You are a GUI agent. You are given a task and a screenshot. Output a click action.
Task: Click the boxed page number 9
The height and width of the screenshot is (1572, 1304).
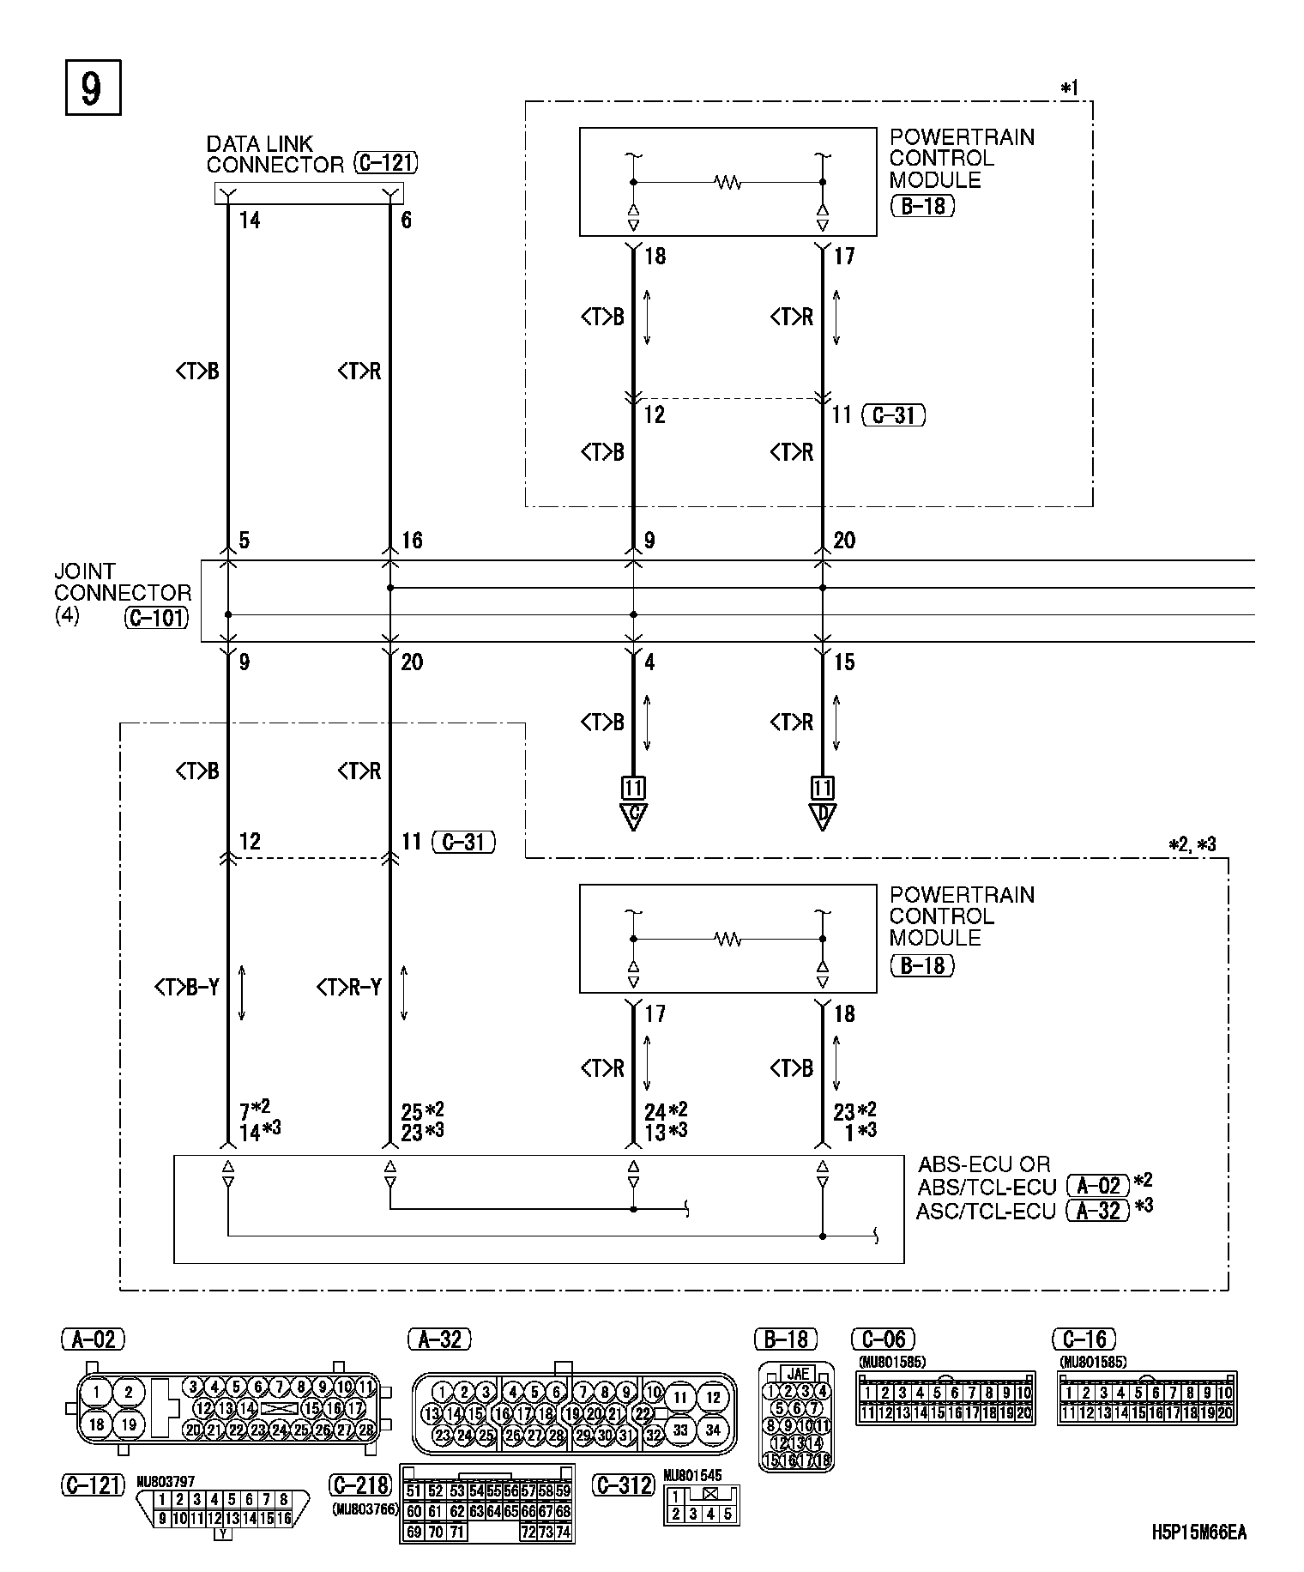(x=93, y=88)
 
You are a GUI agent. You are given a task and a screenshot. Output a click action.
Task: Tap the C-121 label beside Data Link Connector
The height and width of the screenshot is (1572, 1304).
(x=385, y=164)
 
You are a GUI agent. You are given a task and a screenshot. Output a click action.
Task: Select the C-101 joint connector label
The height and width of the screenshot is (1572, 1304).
(x=157, y=617)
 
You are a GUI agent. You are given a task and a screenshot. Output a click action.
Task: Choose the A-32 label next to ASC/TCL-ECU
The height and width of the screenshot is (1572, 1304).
(x=1097, y=1211)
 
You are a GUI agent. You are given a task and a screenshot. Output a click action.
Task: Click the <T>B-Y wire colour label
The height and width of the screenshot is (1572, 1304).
(x=187, y=989)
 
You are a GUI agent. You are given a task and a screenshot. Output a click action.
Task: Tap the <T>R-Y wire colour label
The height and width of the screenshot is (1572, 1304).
(x=349, y=989)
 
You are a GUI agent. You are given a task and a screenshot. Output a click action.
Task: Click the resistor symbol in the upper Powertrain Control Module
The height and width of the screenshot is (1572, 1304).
(x=728, y=182)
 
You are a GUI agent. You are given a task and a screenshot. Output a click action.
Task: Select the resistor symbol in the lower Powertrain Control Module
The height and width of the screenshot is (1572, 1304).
(x=728, y=940)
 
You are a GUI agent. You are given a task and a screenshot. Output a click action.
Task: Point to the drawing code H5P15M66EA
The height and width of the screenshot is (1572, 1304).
(x=1198, y=1532)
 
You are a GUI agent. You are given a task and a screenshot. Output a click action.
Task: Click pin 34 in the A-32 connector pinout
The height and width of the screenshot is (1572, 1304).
(x=712, y=1430)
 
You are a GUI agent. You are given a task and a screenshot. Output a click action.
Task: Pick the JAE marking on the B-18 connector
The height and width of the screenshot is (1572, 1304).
(x=797, y=1374)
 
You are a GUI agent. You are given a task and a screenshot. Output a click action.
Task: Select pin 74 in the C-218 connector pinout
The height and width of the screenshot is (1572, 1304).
(x=563, y=1532)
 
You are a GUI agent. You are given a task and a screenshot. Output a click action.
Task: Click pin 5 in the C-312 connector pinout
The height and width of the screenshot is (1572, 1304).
(x=727, y=1515)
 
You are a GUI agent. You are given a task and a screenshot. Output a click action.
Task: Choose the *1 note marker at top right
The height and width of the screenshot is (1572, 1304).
(x=1069, y=88)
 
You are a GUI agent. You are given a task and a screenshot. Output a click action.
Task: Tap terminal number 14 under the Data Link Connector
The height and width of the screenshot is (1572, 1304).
(x=250, y=221)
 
